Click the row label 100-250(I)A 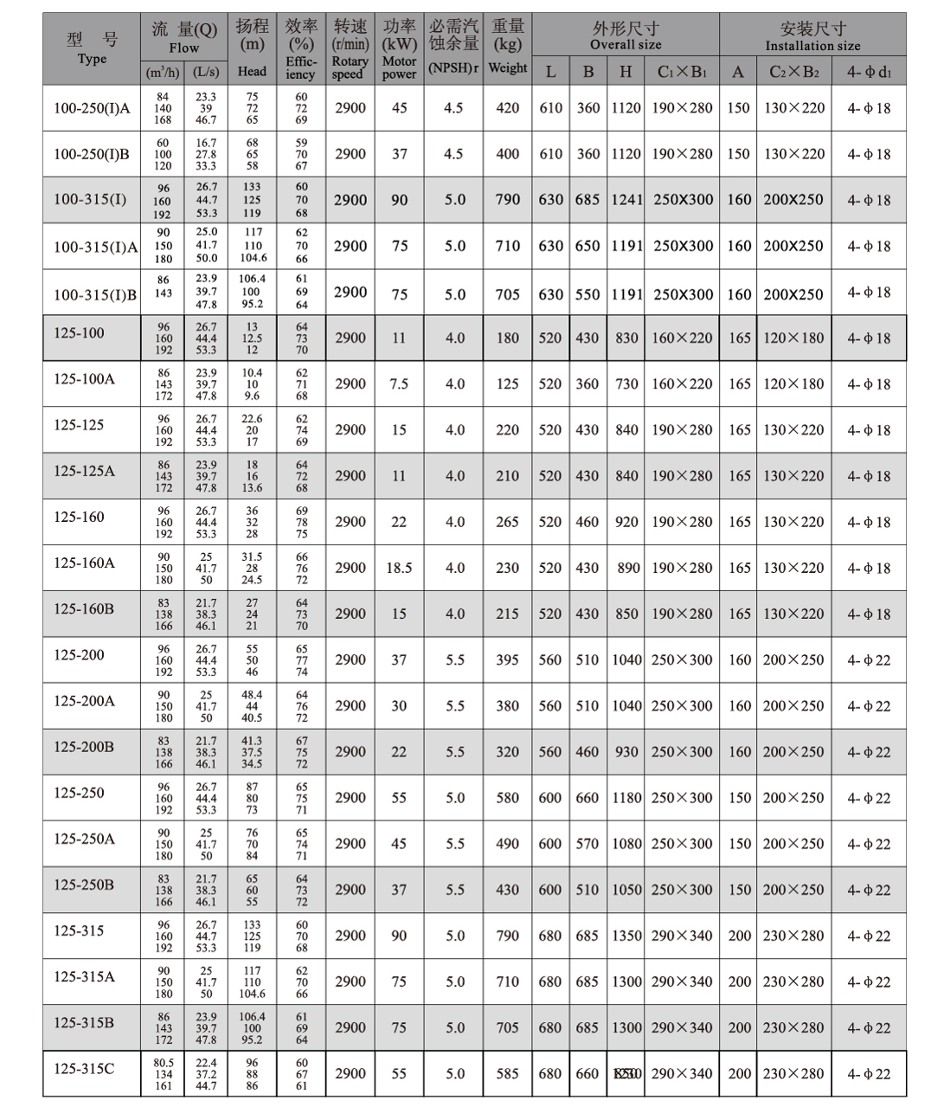pyautogui.click(x=92, y=108)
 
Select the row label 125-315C pyautogui.click(x=84, y=1069)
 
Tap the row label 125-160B pyautogui.click(x=84, y=609)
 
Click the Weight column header pyautogui.click(x=507, y=48)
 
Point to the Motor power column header pyautogui.click(x=399, y=48)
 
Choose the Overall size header pyautogui.click(x=626, y=36)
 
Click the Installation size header pyautogui.click(x=812, y=36)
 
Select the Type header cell pyautogui.click(x=92, y=48)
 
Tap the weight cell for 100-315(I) pyautogui.click(x=507, y=200)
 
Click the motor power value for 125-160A pyautogui.click(x=399, y=569)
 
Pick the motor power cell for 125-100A pyautogui.click(x=399, y=384)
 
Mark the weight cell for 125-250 pyautogui.click(x=507, y=798)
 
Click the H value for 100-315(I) pyautogui.click(x=626, y=200)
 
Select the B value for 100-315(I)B pyautogui.click(x=587, y=294)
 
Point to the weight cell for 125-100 pyautogui.click(x=507, y=338)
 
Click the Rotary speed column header pyautogui.click(x=350, y=48)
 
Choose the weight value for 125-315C pyautogui.click(x=507, y=1074)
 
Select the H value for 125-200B pyautogui.click(x=626, y=752)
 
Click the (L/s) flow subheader pyautogui.click(x=206, y=72)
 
